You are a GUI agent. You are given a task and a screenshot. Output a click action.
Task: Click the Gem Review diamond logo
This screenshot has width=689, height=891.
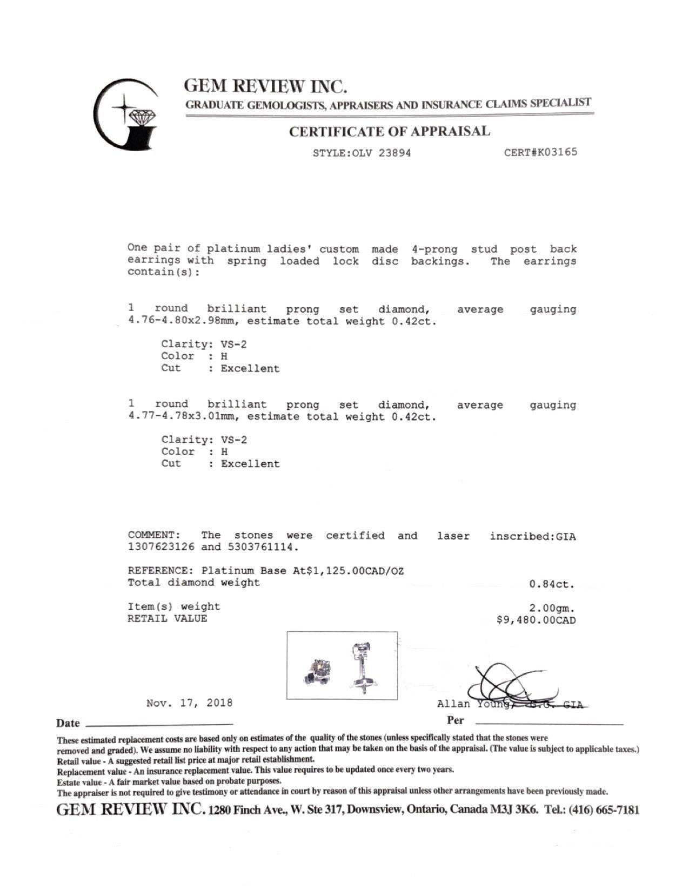tap(128, 114)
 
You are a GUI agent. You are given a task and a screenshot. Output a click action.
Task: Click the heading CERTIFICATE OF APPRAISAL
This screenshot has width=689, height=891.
tap(390, 132)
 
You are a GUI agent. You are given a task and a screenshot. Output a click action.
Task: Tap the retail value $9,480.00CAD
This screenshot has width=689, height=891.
tap(536, 620)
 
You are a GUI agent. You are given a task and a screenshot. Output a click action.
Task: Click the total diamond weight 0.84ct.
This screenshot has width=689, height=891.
tap(552, 584)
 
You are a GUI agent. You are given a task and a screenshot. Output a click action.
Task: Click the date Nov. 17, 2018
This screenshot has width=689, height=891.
tap(189, 703)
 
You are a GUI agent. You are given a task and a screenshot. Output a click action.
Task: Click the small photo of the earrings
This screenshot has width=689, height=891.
tap(342, 665)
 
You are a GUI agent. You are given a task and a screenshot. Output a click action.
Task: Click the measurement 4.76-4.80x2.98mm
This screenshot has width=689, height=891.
tap(184, 321)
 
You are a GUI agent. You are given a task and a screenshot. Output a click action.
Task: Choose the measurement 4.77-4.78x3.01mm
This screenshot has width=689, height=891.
tap(184, 417)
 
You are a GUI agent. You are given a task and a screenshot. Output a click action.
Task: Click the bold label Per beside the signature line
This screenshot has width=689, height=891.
tap(456, 720)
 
